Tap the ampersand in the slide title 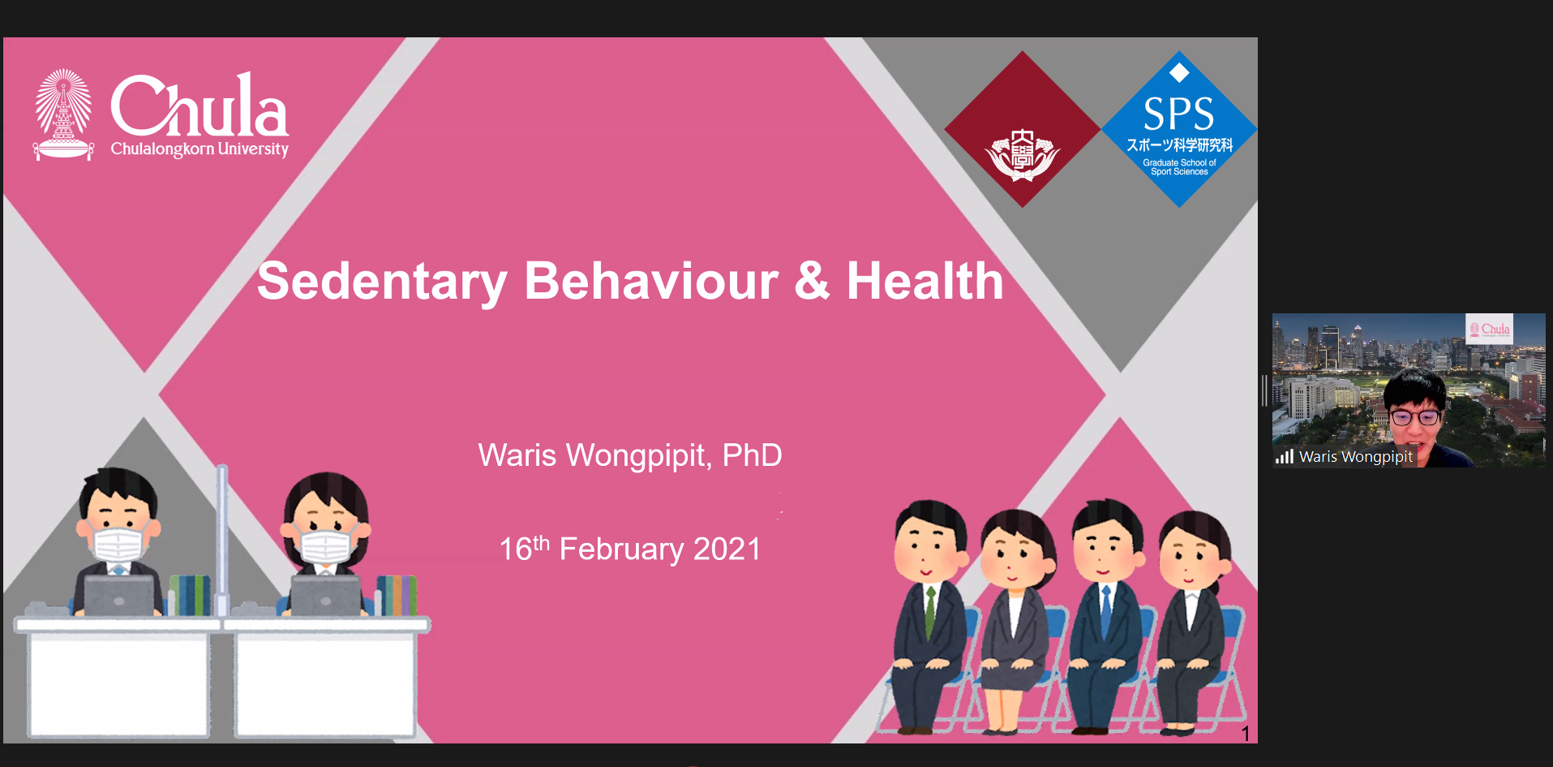pos(812,281)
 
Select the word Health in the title pos(925,281)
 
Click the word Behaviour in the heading pos(651,281)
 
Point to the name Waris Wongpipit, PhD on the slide pos(630,456)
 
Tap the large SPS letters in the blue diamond pos(1178,114)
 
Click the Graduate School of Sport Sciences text pos(1179,167)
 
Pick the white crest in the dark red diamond pos(1023,154)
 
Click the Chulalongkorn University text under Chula pos(199,149)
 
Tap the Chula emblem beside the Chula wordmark pos(63,114)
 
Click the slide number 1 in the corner pos(1246,734)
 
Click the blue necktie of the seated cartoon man pos(1105,611)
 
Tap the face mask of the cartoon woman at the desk pos(326,545)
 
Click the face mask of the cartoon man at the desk pos(118,545)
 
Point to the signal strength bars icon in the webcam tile pos(1285,457)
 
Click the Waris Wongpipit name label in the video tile pos(1356,457)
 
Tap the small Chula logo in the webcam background pos(1490,330)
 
